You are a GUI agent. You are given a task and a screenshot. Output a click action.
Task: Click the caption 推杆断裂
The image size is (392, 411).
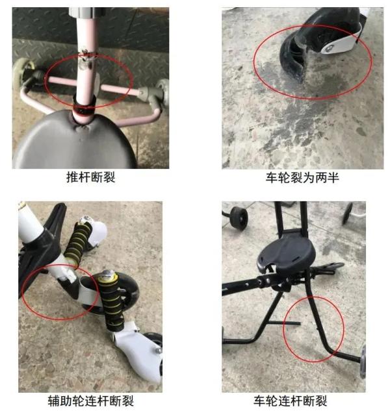pos(91,177)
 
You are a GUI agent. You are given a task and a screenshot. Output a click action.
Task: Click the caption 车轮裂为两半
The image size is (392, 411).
pos(302,177)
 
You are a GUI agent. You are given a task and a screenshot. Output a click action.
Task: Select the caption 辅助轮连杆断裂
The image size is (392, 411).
pos(91,401)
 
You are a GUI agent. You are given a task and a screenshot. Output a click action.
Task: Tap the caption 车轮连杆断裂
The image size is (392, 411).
pos(291,401)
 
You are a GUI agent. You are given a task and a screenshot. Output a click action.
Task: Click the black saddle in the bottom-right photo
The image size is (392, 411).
pos(287,255)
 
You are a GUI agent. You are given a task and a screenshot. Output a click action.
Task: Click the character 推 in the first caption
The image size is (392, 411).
pos(72,177)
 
